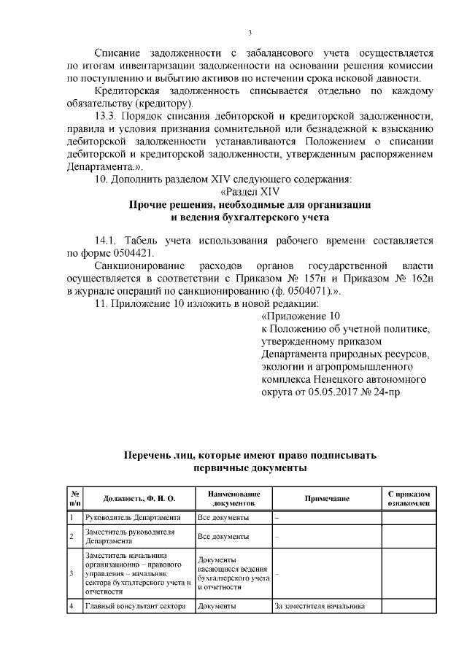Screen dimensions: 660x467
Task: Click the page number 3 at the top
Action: coord(250,32)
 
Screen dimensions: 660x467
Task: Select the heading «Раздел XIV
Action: coord(250,191)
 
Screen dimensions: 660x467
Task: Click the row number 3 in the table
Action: coord(72,573)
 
